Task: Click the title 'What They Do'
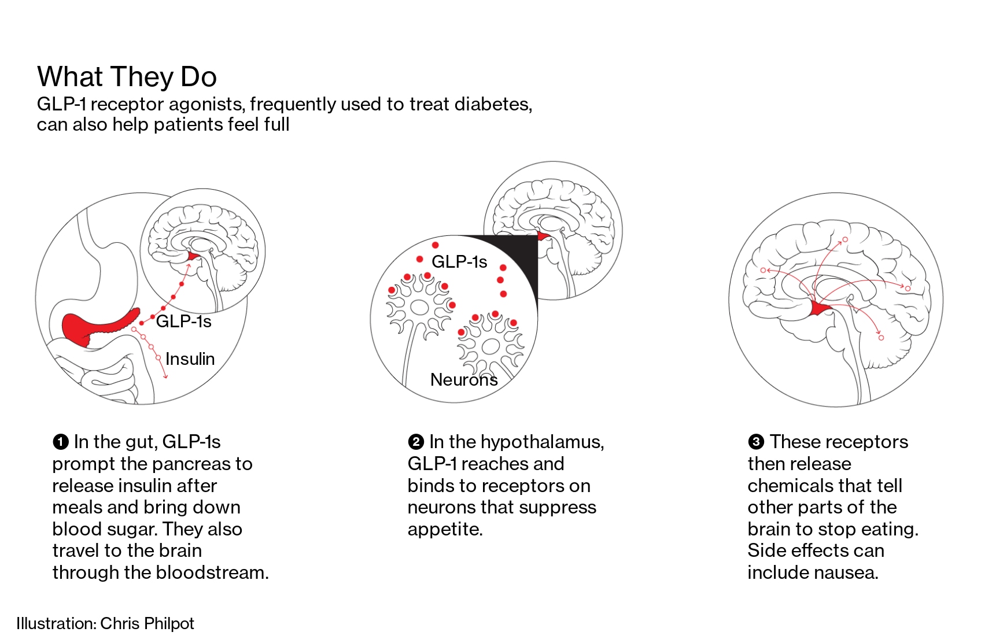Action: click(x=127, y=77)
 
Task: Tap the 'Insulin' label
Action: click(x=190, y=359)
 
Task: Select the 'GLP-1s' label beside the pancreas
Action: click(x=183, y=321)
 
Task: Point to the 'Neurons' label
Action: click(x=464, y=380)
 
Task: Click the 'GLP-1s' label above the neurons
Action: click(x=459, y=262)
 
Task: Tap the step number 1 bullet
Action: click(x=60, y=442)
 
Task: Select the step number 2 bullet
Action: click(x=415, y=442)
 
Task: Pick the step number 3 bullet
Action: click(x=755, y=442)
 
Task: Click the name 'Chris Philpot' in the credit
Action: click(x=147, y=623)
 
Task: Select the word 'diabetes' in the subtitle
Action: click(x=493, y=104)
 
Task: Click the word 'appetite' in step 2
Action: click(x=444, y=529)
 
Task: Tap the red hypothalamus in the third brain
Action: click(x=820, y=309)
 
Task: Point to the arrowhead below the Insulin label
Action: click(x=166, y=377)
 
